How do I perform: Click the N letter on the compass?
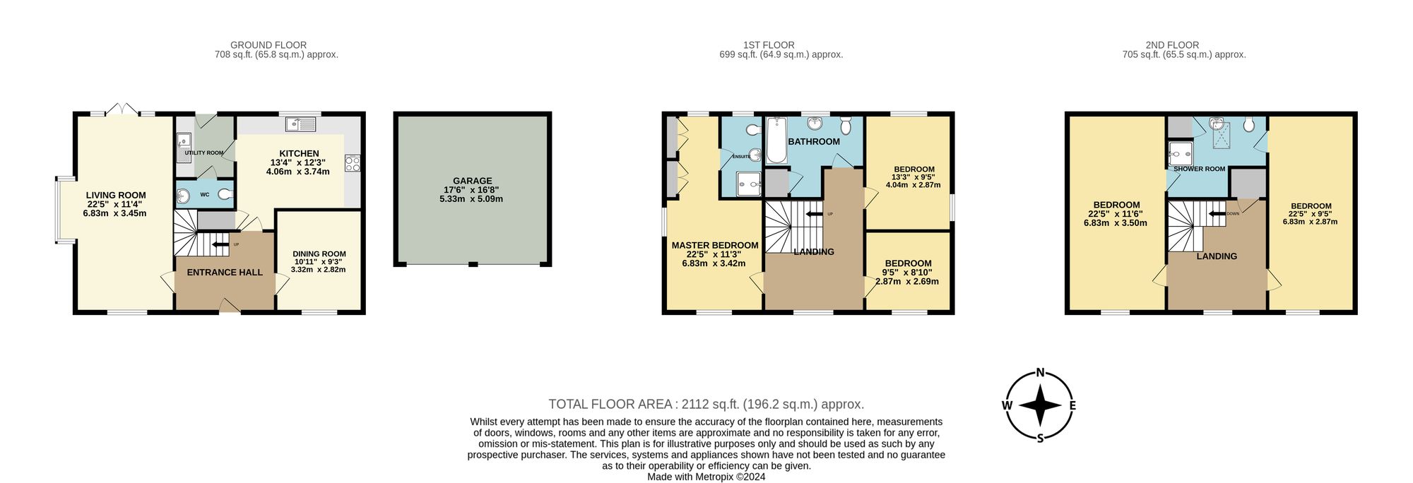(1040, 372)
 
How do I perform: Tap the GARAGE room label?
(472, 181)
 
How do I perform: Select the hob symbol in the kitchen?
(352, 163)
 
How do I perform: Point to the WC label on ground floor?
(204, 194)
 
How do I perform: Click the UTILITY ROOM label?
(203, 153)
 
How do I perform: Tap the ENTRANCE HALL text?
(225, 272)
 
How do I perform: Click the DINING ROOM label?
(319, 254)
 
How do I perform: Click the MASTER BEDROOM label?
(714, 245)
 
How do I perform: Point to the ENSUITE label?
(741, 157)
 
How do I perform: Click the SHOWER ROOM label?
(1199, 169)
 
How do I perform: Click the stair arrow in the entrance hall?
(220, 245)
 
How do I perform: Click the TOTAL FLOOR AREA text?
(706, 404)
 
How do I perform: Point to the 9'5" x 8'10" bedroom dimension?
(907, 272)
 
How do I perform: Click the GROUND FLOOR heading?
(268, 44)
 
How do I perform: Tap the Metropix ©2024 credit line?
(706, 477)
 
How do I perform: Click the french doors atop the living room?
(122, 110)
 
